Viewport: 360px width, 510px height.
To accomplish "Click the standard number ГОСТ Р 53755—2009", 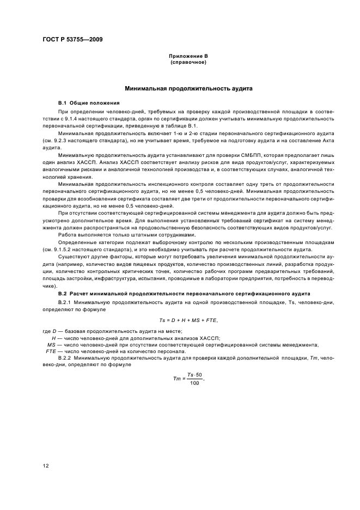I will [72, 40].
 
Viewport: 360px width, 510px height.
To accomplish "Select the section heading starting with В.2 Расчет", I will [184, 293].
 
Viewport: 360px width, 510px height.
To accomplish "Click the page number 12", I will [46, 465].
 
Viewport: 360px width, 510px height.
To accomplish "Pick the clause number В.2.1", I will [65, 301].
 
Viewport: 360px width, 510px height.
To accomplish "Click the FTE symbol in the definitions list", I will [50, 351].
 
